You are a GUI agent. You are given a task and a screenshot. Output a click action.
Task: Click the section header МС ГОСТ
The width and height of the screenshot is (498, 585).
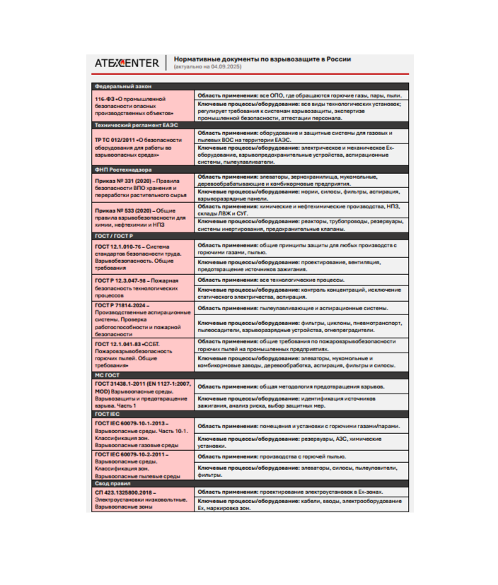point(106,376)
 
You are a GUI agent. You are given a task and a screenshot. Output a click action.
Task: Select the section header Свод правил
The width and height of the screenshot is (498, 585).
point(112,483)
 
